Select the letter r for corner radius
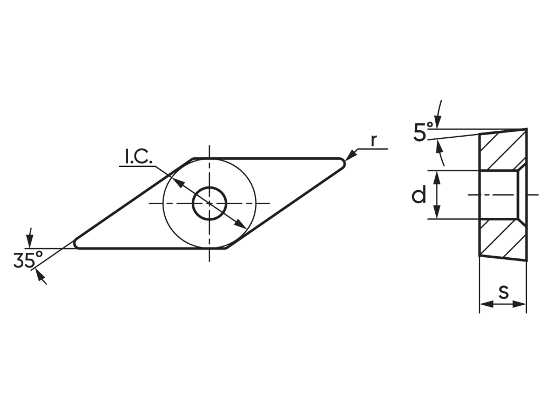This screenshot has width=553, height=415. tap(374, 140)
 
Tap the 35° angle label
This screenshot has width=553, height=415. tap(28, 260)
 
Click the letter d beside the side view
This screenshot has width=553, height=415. tap(419, 195)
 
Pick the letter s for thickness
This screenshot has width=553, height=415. tap(504, 292)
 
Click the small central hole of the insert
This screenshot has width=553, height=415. tap(210, 204)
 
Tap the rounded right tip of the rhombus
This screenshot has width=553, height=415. tap(342, 164)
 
